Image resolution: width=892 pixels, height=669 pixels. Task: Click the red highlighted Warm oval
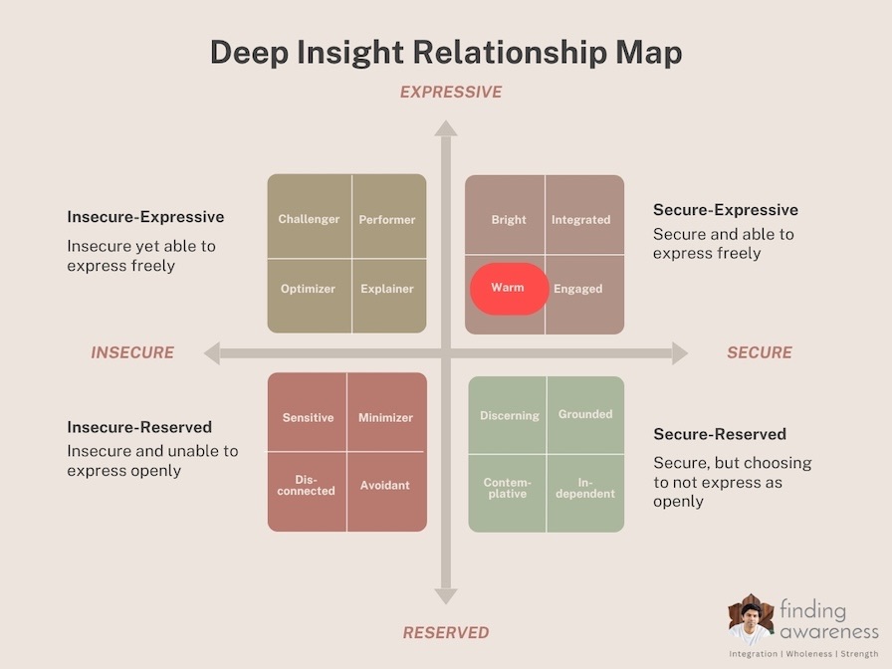pyautogui.click(x=509, y=289)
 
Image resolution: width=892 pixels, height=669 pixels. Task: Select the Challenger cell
pyautogui.click(x=310, y=216)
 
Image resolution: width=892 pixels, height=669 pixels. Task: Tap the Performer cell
pyautogui.click(x=389, y=216)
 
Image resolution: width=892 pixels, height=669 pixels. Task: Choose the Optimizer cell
pyautogui.click(x=310, y=297)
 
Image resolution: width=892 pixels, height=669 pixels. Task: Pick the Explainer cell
pyautogui.click(x=389, y=297)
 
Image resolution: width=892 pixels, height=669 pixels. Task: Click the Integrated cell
pyautogui.click(x=584, y=214)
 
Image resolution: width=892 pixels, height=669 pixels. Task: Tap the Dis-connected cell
pyautogui.click(x=307, y=492)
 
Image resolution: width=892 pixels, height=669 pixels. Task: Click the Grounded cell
pyautogui.click(x=586, y=415)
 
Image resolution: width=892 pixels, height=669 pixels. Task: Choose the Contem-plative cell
pyautogui.click(x=507, y=494)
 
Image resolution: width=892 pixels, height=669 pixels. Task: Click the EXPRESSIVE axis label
pyautogui.click(x=451, y=93)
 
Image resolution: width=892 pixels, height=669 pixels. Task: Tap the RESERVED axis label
pyautogui.click(x=446, y=632)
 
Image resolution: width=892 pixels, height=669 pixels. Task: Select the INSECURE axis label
pyautogui.click(x=132, y=352)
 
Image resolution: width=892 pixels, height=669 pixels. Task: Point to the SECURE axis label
pyautogui.click(x=760, y=352)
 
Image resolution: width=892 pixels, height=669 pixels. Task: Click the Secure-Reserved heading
pyautogui.click(x=720, y=434)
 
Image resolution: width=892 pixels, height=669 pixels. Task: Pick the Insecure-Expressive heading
pyautogui.click(x=145, y=217)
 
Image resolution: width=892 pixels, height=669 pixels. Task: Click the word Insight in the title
pyautogui.click(x=350, y=53)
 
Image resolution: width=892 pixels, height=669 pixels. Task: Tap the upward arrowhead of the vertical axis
pyautogui.click(x=446, y=128)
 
